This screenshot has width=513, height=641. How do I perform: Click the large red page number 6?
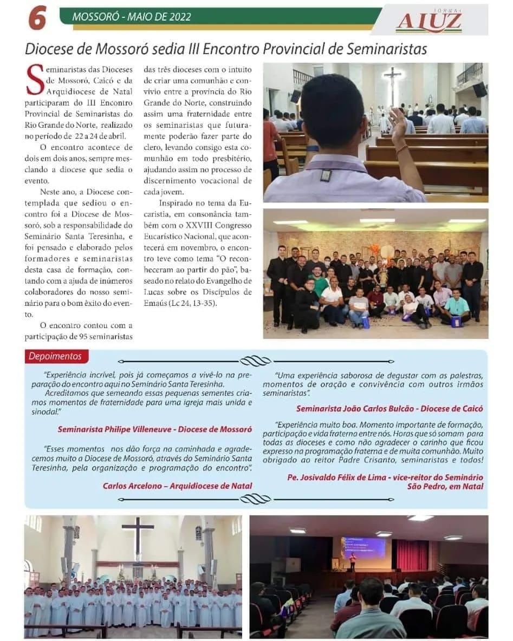pyautogui.click(x=37, y=17)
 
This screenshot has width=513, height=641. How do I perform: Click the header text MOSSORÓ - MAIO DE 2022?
pyautogui.click(x=132, y=17)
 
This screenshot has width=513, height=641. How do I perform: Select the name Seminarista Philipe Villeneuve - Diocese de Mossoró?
pyautogui.click(x=154, y=429)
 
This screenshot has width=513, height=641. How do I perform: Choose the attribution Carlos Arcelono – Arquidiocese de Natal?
pyautogui.click(x=177, y=486)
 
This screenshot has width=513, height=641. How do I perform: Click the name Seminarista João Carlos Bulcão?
pyautogui.click(x=356, y=409)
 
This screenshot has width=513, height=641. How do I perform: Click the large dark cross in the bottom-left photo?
pyautogui.click(x=138, y=537)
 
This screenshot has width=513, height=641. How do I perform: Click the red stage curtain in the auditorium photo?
pyautogui.click(x=412, y=555)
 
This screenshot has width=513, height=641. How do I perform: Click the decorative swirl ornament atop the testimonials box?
pyautogui.click(x=255, y=361)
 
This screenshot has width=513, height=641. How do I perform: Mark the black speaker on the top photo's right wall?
pyautogui.click(x=479, y=89)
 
